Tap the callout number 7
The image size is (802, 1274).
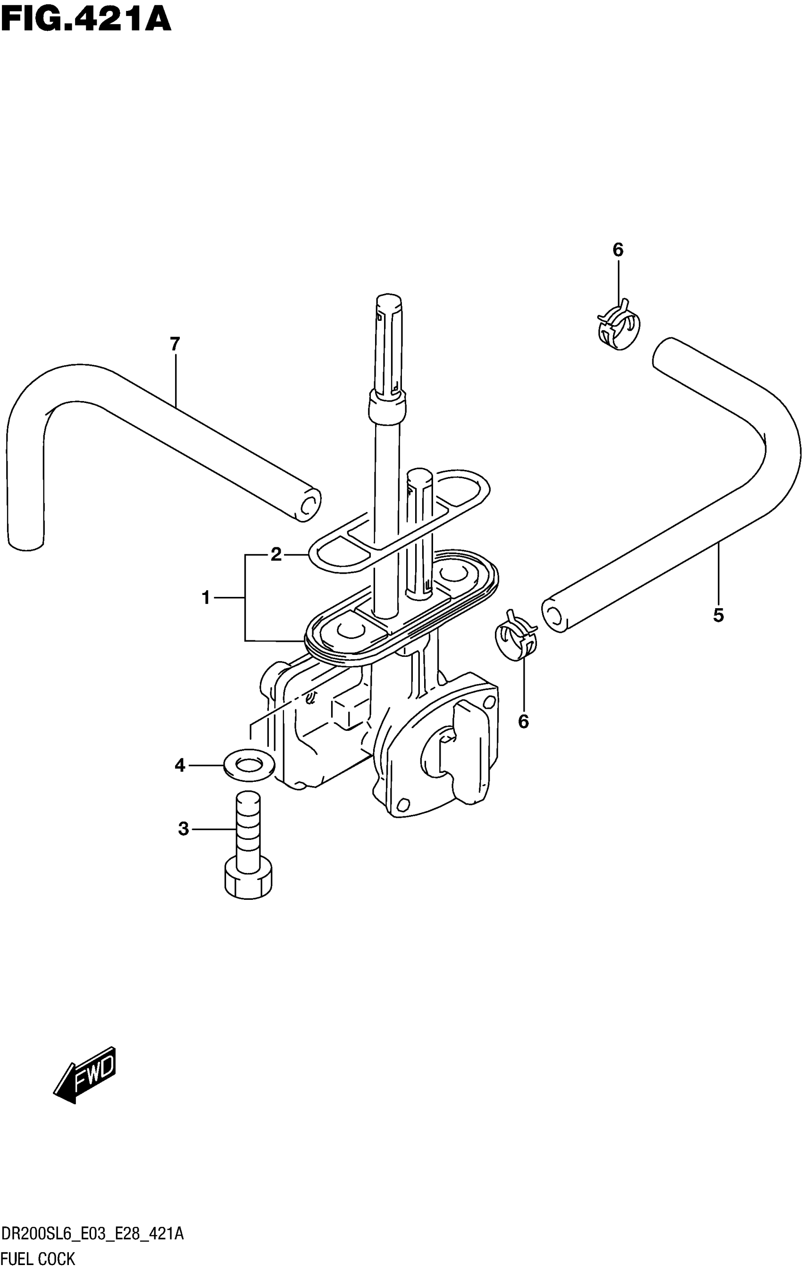[175, 344]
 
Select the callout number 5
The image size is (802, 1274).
[718, 615]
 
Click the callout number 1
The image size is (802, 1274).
[206, 598]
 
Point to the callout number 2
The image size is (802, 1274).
[276, 554]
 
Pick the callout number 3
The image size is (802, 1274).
[183, 829]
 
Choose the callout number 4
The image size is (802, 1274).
[180, 765]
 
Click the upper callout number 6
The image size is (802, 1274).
[618, 250]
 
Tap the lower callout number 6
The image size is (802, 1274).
[523, 721]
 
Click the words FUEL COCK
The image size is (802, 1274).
[38, 1258]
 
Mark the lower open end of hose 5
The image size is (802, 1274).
[553, 615]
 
